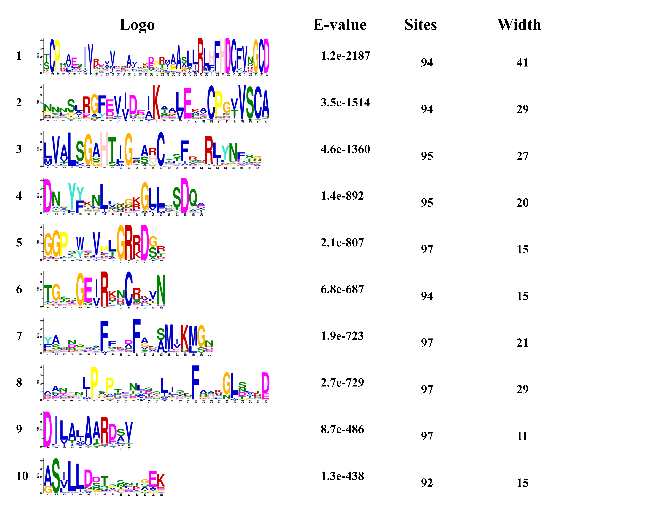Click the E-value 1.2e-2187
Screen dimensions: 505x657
pos(345,56)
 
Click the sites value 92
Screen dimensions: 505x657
pos(427,483)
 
